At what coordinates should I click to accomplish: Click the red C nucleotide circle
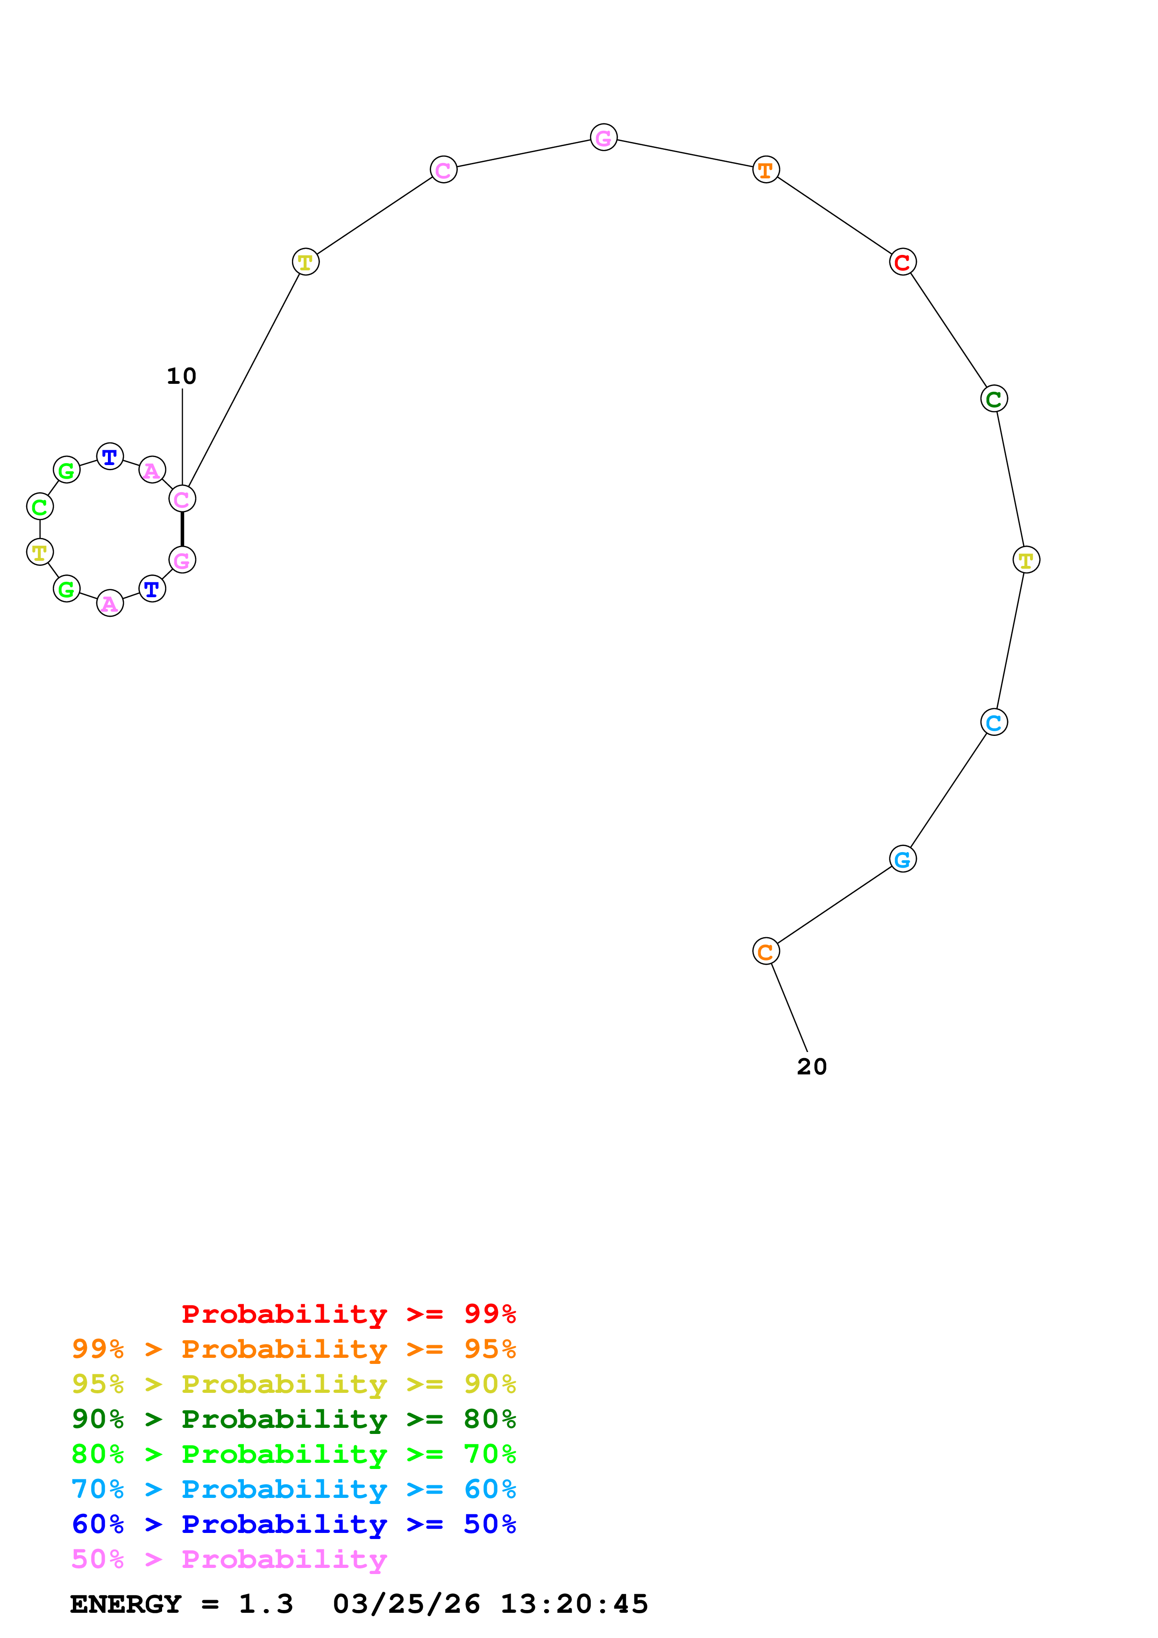(902, 262)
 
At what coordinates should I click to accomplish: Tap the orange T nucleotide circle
(766, 170)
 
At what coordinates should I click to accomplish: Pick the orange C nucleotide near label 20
(766, 951)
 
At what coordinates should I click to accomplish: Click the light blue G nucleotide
(902, 859)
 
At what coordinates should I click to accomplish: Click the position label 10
(181, 376)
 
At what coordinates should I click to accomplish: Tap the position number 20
(811, 1066)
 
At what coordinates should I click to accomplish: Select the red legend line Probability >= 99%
(348, 1313)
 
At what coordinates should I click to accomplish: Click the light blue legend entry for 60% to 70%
(293, 1489)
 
